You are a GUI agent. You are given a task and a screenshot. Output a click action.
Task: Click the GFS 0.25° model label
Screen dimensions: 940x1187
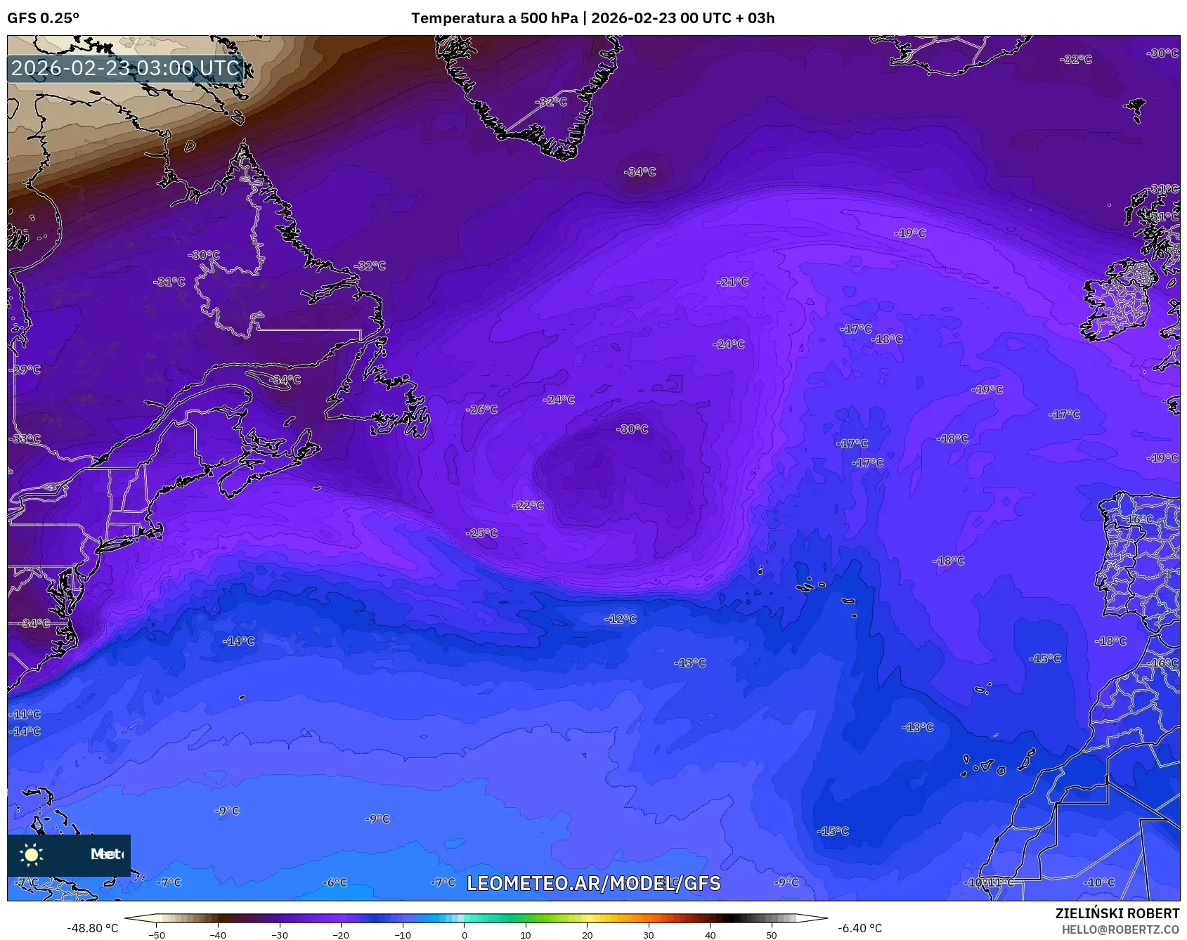pyautogui.click(x=44, y=18)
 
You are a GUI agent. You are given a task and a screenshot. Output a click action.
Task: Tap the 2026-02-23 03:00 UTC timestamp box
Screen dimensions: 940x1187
pyautogui.click(x=126, y=68)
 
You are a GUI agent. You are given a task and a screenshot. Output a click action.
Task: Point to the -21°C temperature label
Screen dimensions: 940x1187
pyautogui.click(x=732, y=282)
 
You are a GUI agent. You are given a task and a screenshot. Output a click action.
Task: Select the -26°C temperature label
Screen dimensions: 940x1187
pyautogui.click(x=481, y=409)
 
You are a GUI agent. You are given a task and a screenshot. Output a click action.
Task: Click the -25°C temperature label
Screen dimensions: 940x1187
pyautogui.click(x=481, y=533)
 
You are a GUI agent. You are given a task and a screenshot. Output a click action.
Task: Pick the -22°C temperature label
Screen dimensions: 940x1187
pyautogui.click(x=528, y=505)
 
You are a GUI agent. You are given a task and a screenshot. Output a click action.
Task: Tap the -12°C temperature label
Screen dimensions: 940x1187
pyautogui.click(x=621, y=619)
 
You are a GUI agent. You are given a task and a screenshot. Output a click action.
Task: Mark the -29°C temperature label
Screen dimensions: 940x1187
pyautogui.click(x=25, y=370)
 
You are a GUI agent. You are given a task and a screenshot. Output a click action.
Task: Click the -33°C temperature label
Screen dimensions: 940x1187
pyautogui.click(x=25, y=439)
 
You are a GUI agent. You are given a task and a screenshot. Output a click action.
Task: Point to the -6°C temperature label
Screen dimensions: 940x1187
pyautogui.click(x=335, y=882)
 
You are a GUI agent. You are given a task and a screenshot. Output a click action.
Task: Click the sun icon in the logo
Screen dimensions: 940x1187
pyautogui.click(x=32, y=854)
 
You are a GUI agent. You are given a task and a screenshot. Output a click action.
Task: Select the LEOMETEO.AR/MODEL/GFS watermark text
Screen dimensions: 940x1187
pyautogui.click(x=593, y=883)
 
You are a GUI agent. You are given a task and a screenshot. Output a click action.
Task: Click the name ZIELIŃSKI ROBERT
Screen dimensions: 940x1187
pyautogui.click(x=1117, y=913)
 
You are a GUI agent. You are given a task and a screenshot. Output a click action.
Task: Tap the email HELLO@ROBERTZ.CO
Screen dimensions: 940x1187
pyautogui.click(x=1120, y=929)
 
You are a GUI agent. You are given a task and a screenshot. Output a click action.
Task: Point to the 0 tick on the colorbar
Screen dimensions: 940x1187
pyautogui.click(x=464, y=934)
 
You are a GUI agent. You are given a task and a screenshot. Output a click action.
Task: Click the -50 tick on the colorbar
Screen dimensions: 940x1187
pyautogui.click(x=157, y=934)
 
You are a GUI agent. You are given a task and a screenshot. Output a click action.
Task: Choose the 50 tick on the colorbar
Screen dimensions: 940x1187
pyautogui.click(x=772, y=934)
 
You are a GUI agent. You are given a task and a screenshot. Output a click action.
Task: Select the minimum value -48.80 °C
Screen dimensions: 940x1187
pyautogui.click(x=93, y=928)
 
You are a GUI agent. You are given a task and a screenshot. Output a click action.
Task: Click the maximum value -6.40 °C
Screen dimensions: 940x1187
pyautogui.click(x=860, y=928)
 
